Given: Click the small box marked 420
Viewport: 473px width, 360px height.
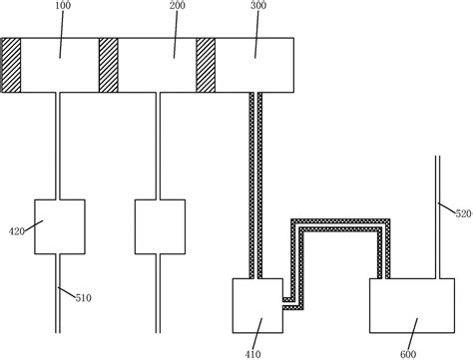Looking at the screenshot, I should click(x=59, y=226).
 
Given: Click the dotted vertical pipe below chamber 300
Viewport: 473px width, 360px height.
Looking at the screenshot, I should click(x=255, y=180).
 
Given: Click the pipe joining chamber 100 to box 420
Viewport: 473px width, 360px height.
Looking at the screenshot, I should click(x=59, y=145).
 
